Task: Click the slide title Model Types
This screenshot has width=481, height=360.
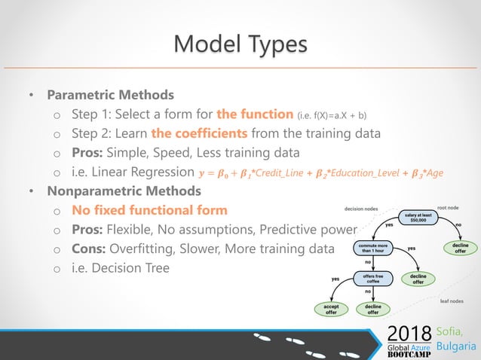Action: click(x=240, y=43)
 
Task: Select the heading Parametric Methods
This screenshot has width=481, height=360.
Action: click(x=110, y=96)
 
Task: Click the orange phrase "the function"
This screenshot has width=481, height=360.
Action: click(x=255, y=114)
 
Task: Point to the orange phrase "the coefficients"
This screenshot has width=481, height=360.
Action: click(x=199, y=133)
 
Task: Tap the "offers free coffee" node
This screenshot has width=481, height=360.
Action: click(x=372, y=279)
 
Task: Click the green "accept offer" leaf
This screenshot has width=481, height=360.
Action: click(x=331, y=309)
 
